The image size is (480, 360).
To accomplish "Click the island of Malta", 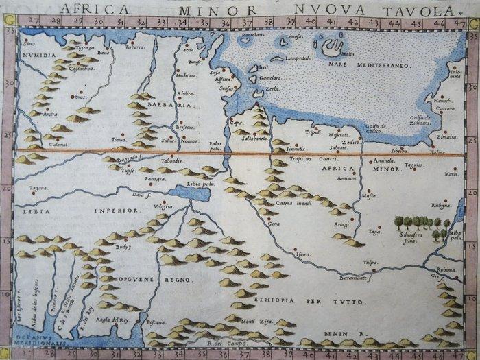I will [x=331, y=48].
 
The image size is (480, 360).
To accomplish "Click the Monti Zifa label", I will [x=239, y=320].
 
